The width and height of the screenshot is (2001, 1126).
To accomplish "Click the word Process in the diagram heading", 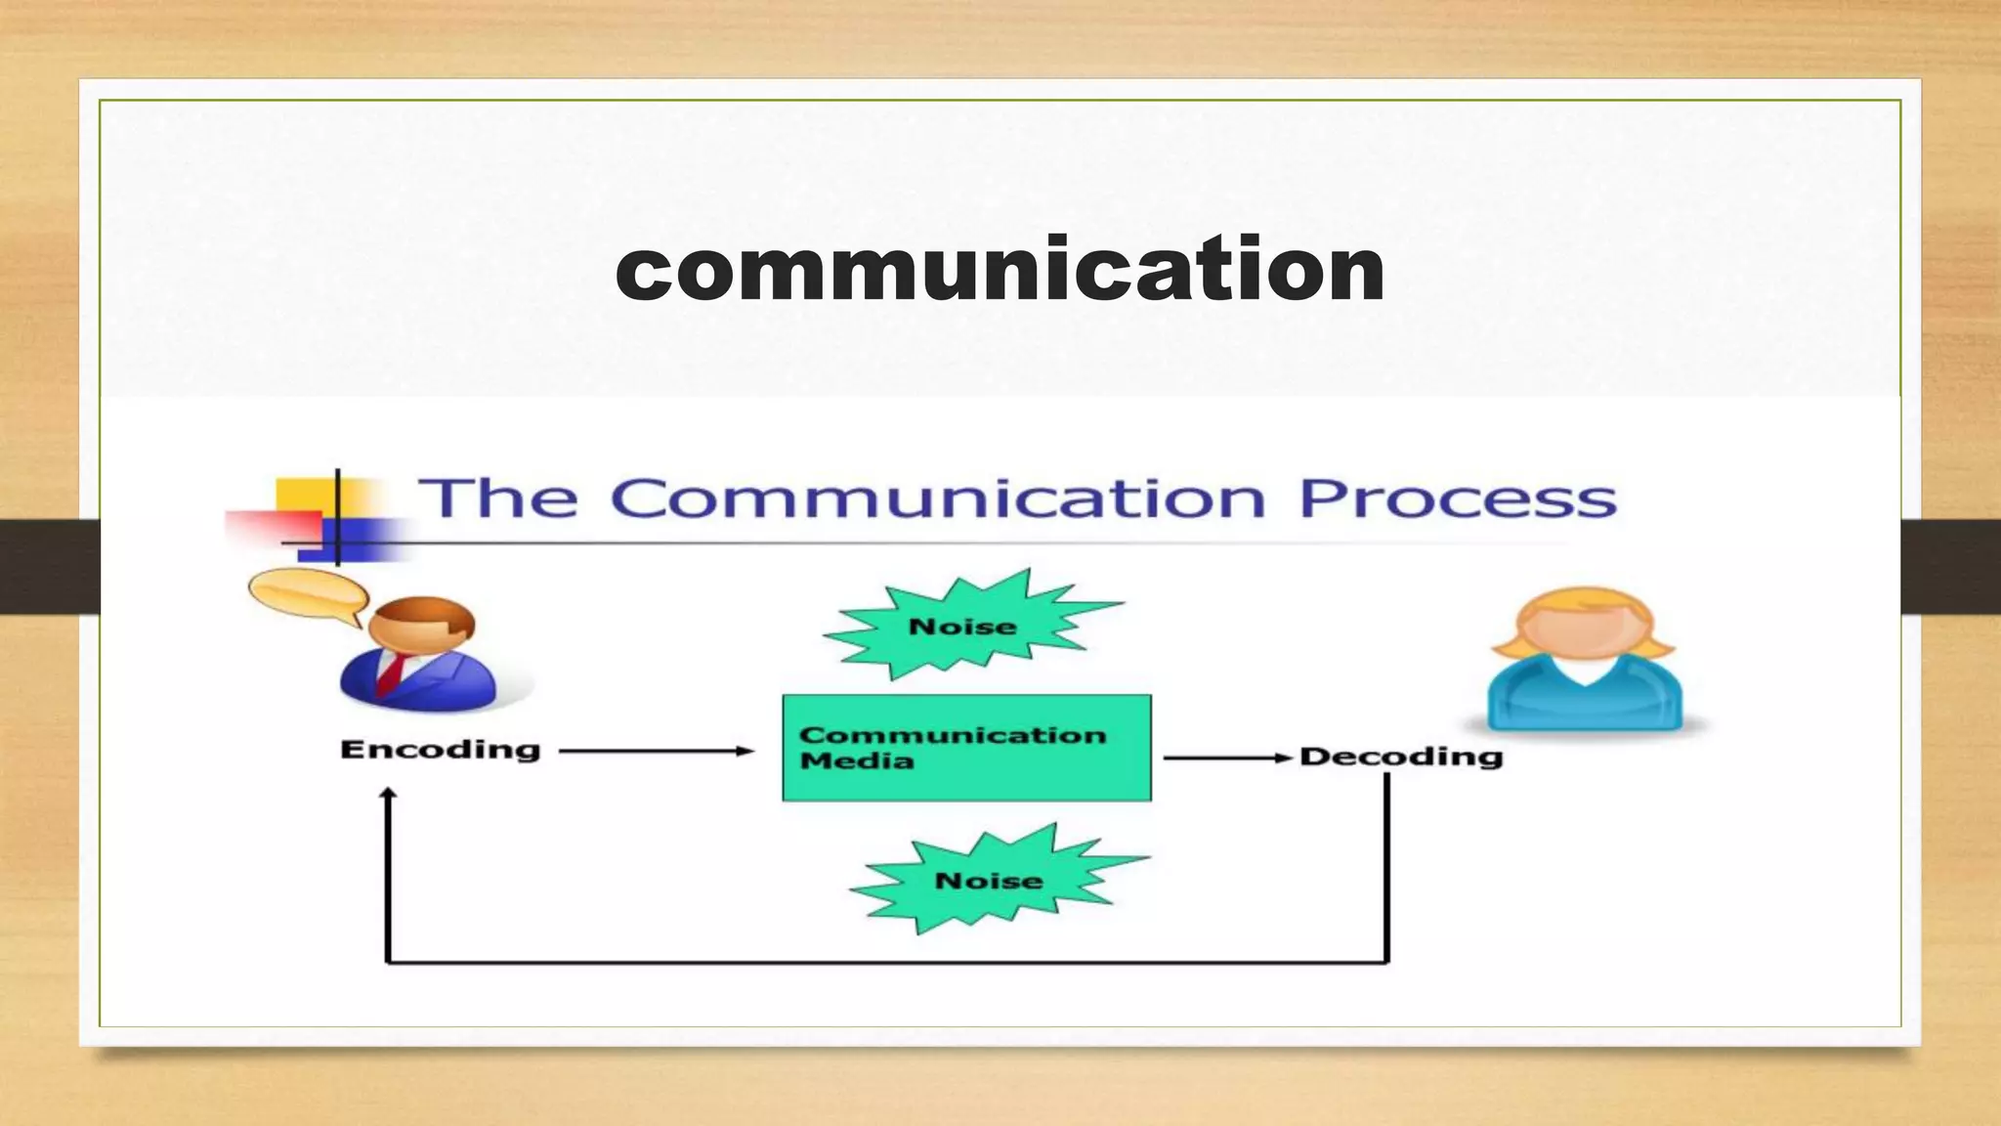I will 1457,498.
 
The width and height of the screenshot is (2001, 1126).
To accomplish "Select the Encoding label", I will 440,750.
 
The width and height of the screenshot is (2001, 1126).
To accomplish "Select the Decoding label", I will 1400,757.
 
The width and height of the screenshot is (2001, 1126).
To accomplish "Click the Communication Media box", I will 966,748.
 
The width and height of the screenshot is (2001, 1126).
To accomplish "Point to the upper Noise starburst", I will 963,626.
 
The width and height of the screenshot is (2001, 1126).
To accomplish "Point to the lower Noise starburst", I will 989,880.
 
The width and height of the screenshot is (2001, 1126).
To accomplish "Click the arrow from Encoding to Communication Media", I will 655,751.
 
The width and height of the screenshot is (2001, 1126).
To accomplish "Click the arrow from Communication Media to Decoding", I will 1226,758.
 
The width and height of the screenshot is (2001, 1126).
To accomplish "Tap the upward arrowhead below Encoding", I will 388,796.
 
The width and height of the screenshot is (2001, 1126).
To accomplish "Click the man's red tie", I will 391,673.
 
